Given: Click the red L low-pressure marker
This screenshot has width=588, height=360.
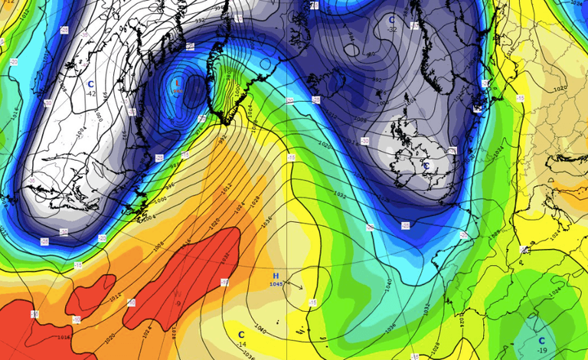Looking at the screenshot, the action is pos(178,83).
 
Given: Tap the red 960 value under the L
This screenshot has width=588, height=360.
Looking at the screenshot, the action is pos(178,91).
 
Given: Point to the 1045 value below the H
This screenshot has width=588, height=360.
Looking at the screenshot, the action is pos(276,284).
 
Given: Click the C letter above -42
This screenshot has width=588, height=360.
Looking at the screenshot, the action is pos(90,84).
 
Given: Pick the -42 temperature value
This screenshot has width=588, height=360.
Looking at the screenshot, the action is pos(91,93).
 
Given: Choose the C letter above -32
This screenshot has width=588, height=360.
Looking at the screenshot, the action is pos(392,20).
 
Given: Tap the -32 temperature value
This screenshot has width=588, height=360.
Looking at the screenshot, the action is pos(392,29).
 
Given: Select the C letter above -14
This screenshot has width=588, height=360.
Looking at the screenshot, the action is pos(241,335).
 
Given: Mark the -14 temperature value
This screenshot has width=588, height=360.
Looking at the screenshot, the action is pos(241,345).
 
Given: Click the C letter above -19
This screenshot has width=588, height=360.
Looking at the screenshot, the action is pos(541,341).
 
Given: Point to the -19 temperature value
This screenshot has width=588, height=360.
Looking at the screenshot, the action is pos(542,351).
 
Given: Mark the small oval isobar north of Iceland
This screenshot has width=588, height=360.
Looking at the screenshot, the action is pos(351,50).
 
